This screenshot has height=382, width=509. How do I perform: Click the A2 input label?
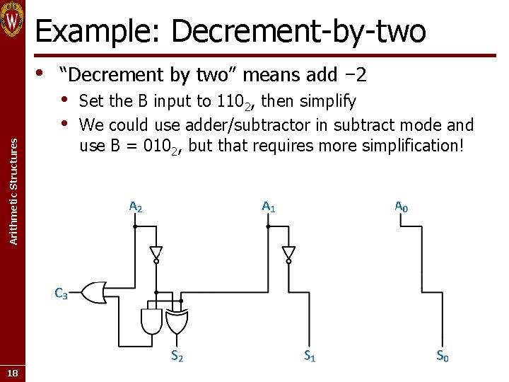(136, 207)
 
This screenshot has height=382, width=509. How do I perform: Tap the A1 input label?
(269, 207)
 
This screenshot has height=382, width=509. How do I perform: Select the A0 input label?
(401, 207)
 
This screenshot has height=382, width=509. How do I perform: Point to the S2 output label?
(177, 357)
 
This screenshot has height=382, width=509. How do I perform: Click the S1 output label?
(310, 357)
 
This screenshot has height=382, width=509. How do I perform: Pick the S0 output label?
(442, 357)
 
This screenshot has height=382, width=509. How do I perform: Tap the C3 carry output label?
(61, 292)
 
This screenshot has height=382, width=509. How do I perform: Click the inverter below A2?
(156, 253)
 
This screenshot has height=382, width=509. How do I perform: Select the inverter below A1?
(288, 253)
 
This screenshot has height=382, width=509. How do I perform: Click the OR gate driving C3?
(94, 291)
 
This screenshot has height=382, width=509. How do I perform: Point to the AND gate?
(152, 322)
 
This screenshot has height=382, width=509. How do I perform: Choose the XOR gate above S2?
(177, 322)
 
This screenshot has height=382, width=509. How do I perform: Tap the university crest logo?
(13, 19)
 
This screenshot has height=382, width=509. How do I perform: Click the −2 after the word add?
(354, 74)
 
